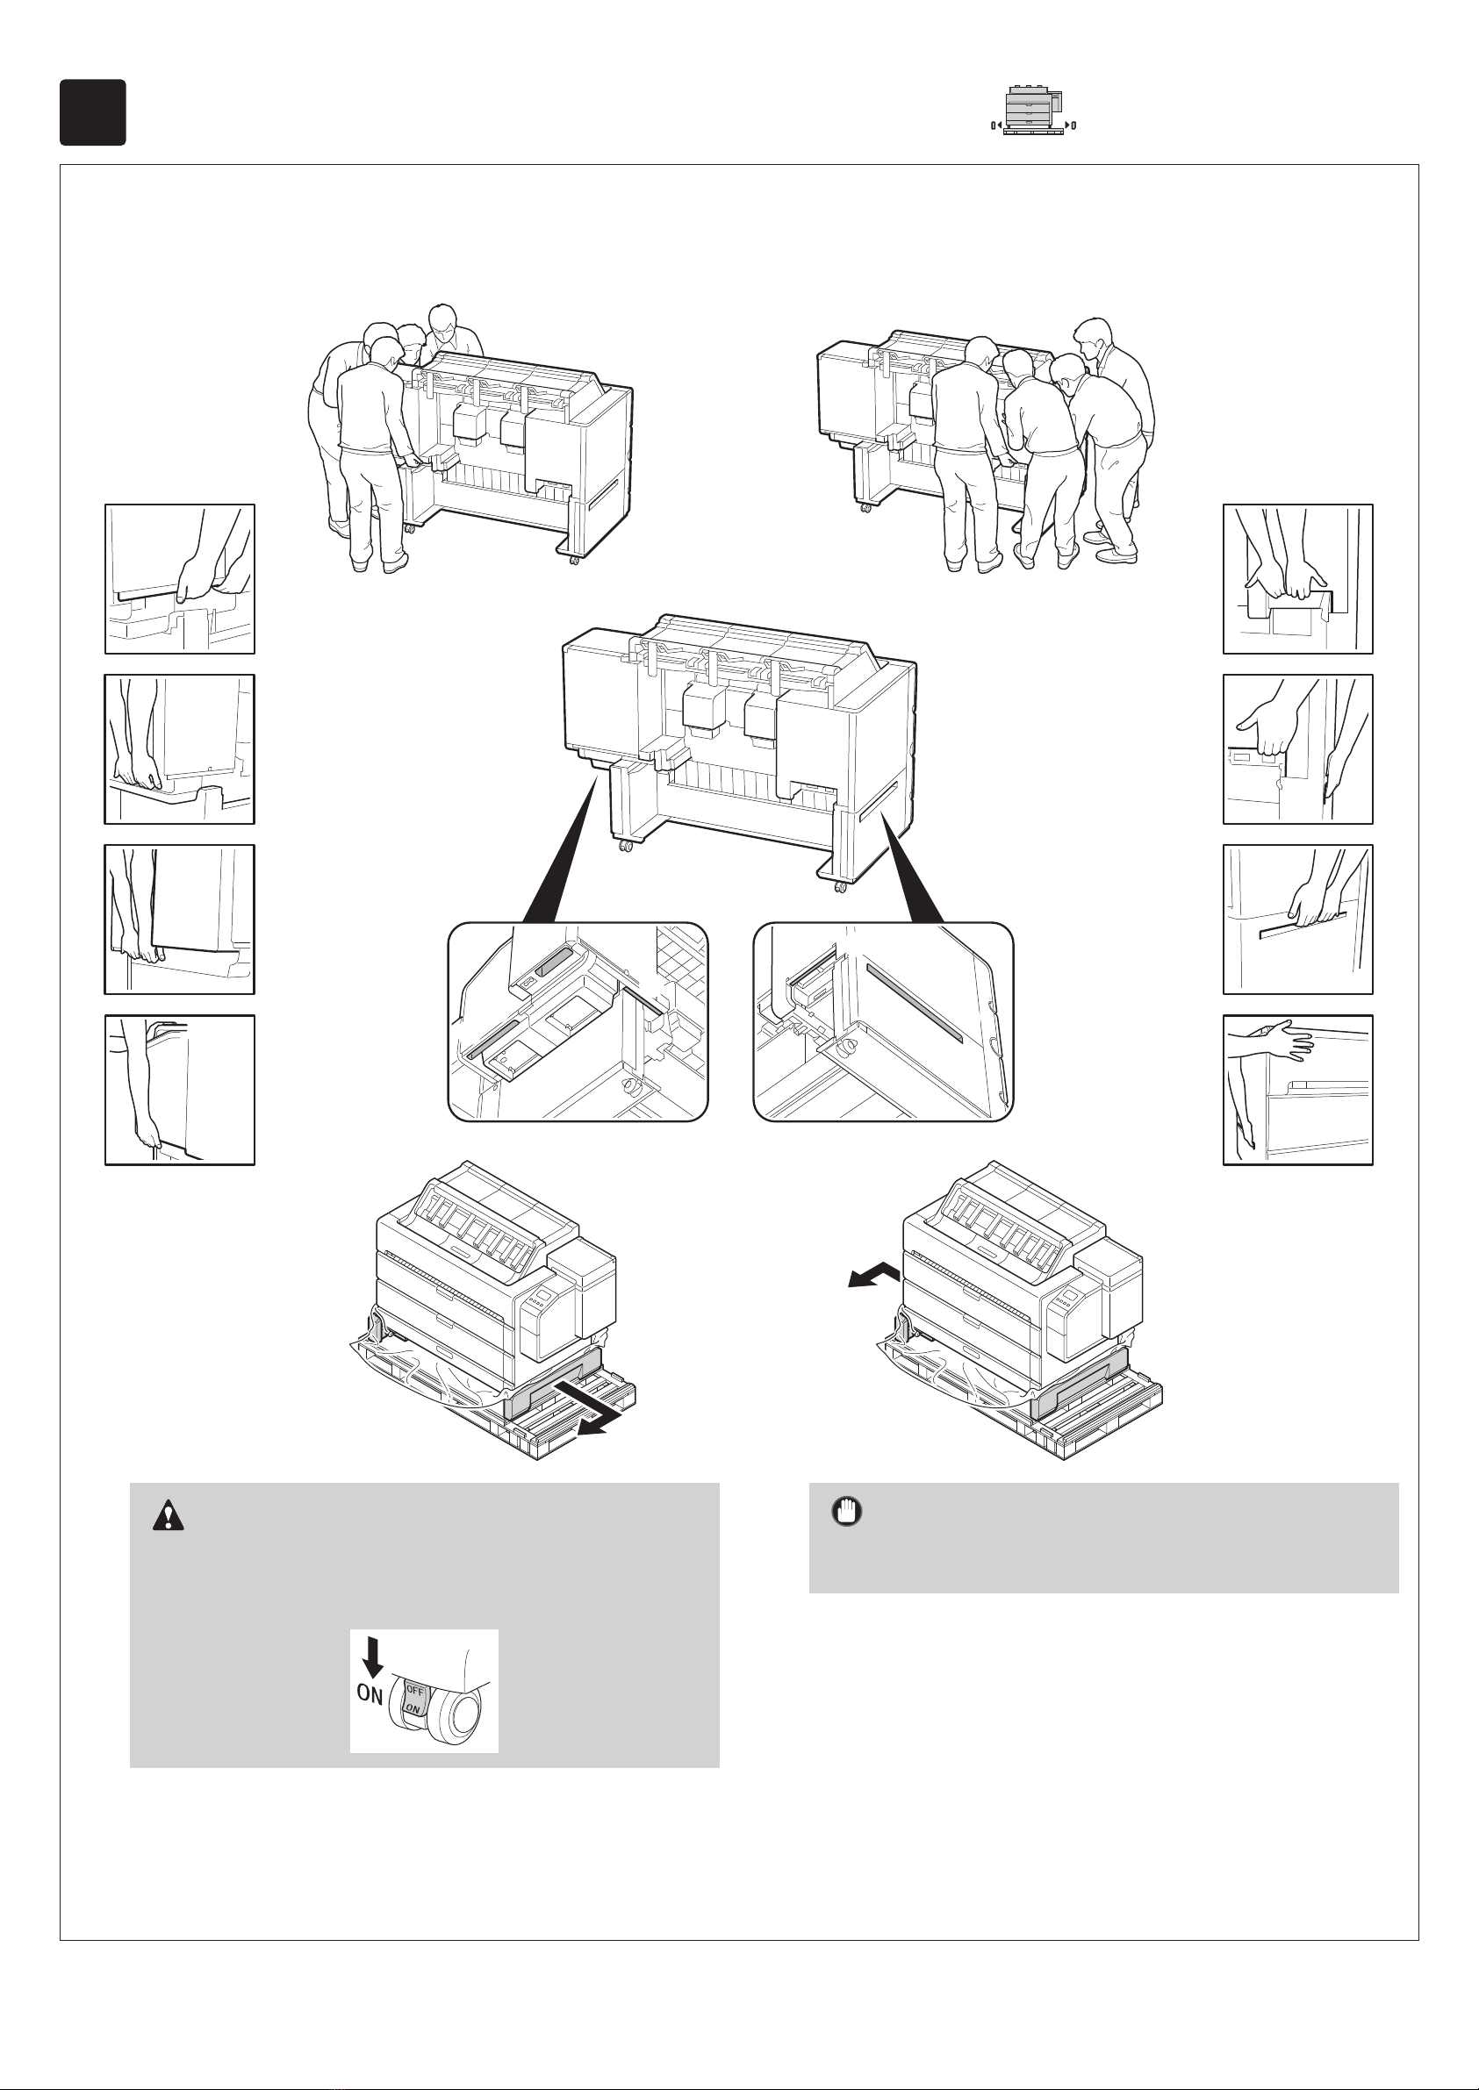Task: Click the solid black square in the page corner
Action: click(93, 112)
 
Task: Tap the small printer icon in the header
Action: click(1034, 112)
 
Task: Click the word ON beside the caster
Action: click(370, 1694)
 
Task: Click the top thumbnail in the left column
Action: click(179, 579)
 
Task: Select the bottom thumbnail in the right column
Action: click(1298, 1090)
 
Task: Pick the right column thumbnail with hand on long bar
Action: click(1298, 920)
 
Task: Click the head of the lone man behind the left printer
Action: click(442, 319)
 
